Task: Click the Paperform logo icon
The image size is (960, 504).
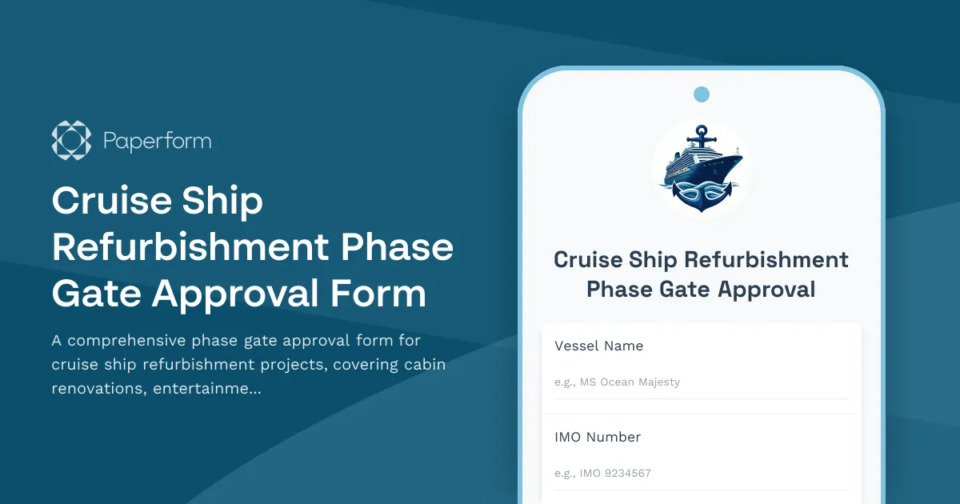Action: pyautogui.click(x=71, y=141)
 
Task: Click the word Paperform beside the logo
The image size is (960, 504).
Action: pyautogui.click(x=158, y=142)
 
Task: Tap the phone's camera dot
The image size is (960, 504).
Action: pyautogui.click(x=702, y=94)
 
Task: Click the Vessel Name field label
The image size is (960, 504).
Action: pyautogui.click(x=598, y=346)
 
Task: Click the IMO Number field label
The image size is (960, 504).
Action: pyautogui.click(x=598, y=438)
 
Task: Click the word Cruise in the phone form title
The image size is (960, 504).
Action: pyautogui.click(x=588, y=260)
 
